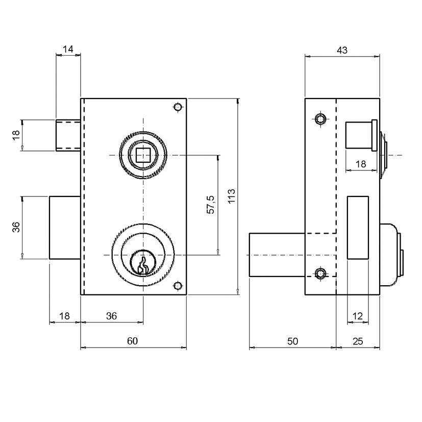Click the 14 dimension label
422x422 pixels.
pos(68,49)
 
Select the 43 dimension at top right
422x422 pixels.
pos(342,50)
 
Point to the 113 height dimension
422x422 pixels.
pos(232,196)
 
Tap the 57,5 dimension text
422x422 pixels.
pos(210,205)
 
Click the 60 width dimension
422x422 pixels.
pos(132,341)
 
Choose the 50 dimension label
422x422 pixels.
pos(292,341)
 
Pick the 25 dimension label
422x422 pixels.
pos(358,341)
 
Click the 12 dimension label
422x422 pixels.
pos(357,316)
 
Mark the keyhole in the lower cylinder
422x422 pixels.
pos(143,266)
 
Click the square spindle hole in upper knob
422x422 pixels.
pos(143,155)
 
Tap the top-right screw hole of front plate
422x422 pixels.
pos(178,107)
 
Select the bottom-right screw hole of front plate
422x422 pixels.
pos(178,286)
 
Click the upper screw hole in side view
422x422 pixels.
pos(320,118)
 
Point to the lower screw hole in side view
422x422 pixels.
pos(320,274)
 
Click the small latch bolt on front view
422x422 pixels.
pos(68,135)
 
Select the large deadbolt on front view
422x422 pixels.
pos(65,228)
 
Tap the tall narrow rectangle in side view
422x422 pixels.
pos(358,228)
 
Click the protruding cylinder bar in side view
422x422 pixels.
pos(277,255)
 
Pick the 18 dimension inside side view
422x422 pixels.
pos(361,164)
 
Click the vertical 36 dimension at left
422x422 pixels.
pos(16,227)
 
